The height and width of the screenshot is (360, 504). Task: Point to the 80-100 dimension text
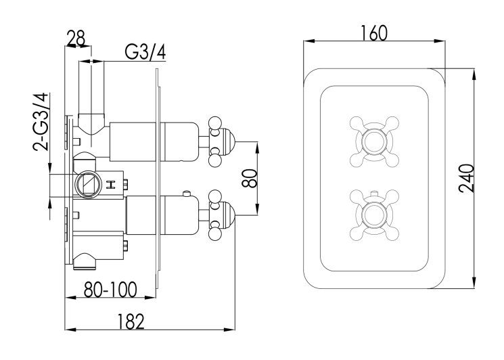coord(110,290)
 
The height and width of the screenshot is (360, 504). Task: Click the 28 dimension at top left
coord(76,38)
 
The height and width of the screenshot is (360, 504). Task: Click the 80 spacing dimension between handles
coord(250,179)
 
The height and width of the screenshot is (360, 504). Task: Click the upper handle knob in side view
coord(221,141)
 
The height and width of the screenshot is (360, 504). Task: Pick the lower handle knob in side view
coord(221,216)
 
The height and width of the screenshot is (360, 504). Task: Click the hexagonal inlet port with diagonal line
coord(87,183)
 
